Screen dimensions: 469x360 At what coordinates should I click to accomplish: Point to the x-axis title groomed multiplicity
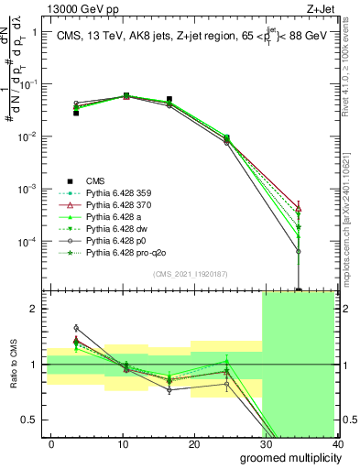click(x=290, y=456)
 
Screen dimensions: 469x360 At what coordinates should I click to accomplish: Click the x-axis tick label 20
click(x=193, y=443)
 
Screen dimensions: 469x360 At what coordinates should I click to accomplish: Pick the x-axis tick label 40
click(x=336, y=443)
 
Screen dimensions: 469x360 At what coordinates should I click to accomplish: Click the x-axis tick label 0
click(x=51, y=443)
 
